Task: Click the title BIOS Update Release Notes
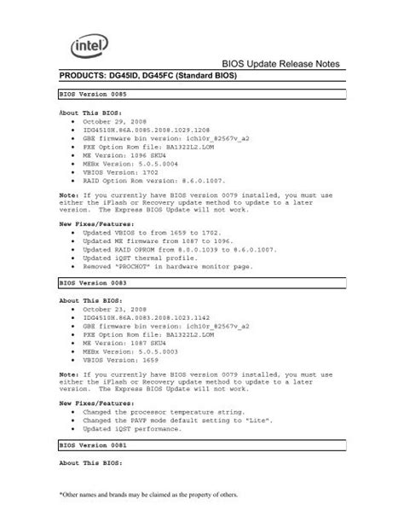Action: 280,64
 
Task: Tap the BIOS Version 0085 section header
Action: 93,95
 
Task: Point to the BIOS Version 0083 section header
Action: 93,279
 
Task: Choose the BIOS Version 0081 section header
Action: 93,444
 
